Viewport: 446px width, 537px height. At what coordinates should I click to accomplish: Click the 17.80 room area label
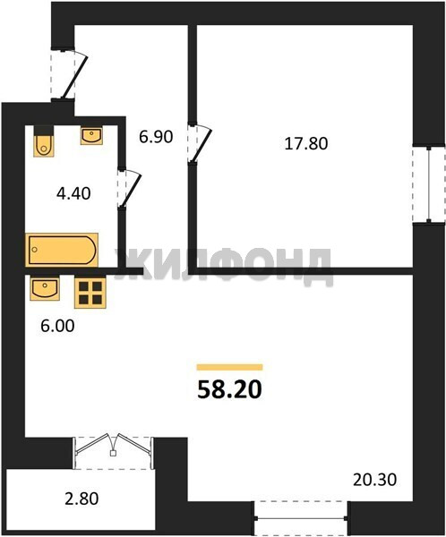click(306, 143)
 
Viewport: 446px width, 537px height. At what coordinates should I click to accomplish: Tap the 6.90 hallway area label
click(156, 137)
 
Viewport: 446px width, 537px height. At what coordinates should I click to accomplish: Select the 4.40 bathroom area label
click(73, 193)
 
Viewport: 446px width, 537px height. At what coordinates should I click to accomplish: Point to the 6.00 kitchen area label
click(57, 326)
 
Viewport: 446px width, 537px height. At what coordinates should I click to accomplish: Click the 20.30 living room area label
click(374, 480)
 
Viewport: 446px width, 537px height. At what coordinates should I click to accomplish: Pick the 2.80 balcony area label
click(81, 499)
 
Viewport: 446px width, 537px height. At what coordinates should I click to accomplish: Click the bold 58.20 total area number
click(229, 389)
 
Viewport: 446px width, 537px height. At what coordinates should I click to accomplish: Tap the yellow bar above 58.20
click(229, 368)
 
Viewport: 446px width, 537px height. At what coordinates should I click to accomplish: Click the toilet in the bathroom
click(44, 141)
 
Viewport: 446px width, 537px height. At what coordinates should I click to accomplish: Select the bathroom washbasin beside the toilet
click(91, 136)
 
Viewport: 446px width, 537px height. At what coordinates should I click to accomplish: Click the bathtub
click(62, 250)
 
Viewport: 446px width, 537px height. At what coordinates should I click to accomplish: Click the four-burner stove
click(90, 293)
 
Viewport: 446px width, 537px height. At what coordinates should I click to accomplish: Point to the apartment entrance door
click(69, 74)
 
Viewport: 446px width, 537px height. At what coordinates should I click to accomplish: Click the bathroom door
click(129, 188)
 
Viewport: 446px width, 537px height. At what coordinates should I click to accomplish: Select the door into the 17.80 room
click(198, 143)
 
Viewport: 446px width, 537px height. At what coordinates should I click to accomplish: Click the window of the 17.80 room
click(428, 184)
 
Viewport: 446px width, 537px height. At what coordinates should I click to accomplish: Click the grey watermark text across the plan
click(223, 266)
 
